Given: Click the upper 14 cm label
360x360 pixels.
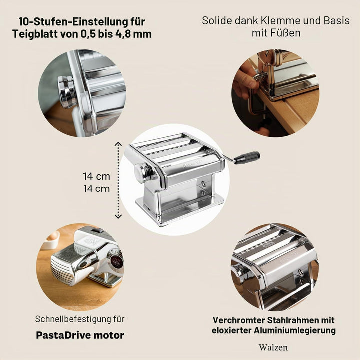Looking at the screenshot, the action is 97,176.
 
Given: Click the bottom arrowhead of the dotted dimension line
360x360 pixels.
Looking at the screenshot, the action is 118,216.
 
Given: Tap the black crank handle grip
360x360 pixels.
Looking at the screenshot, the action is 248,156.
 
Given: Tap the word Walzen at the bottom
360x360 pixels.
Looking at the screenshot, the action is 273,347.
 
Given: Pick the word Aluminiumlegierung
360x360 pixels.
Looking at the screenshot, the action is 295,330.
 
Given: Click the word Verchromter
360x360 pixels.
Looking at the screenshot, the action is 239,320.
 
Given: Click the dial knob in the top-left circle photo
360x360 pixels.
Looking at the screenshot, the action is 66,92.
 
